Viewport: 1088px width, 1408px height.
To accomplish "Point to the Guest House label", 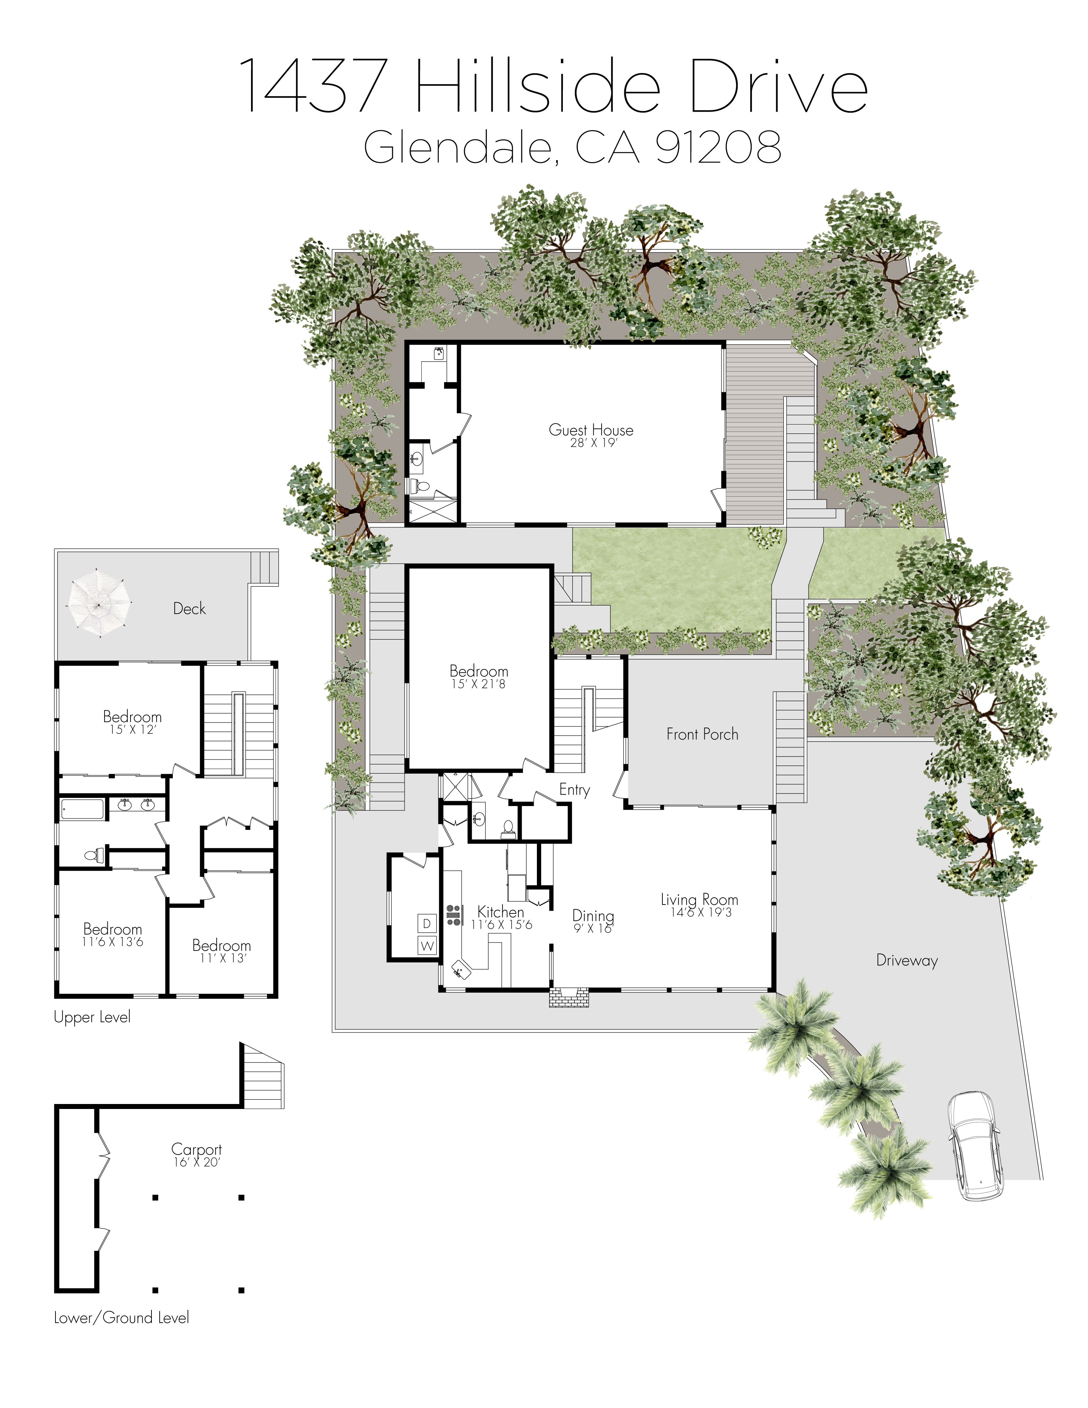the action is pyautogui.click(x=591, y=430).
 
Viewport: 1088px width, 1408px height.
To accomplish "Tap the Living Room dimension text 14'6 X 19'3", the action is pyautogui.click(x=701, y=912).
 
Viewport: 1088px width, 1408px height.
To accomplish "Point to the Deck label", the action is pyautogui.click(x=190, y=608).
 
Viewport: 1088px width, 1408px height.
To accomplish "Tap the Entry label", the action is pyautogui.click(x=574, y=790).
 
